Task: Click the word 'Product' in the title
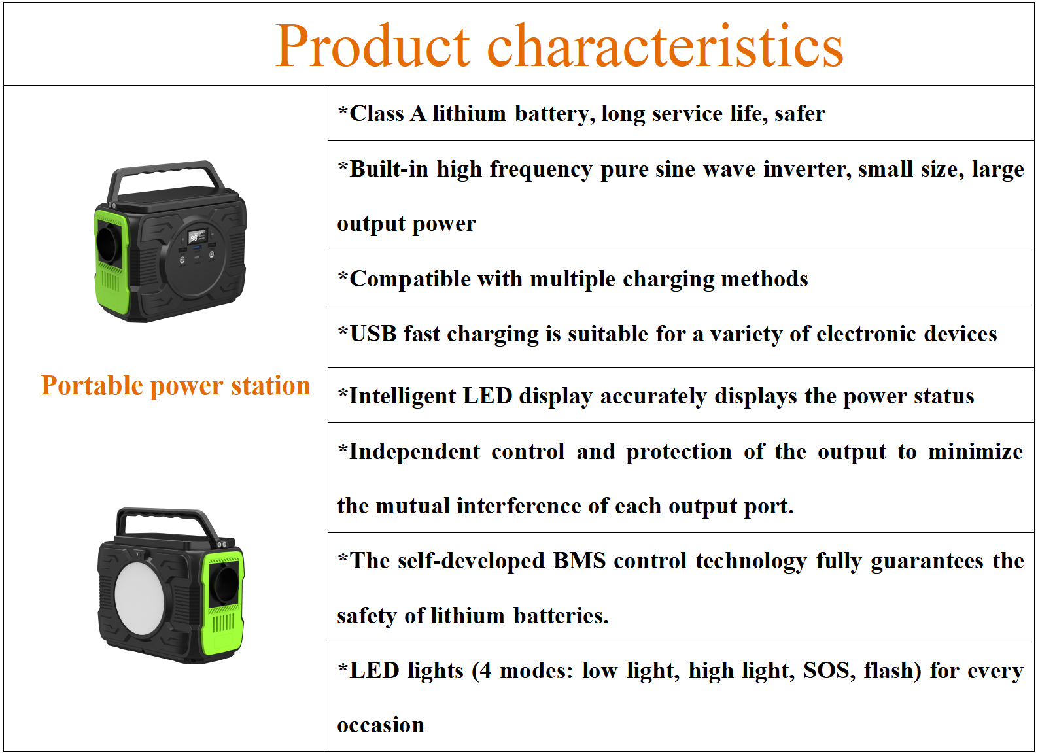click(373, 46)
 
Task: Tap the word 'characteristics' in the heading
click(665, 46)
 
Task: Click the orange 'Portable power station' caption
click(176, 386)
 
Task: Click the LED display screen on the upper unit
click(198, 236)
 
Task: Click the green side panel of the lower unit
click(222, 602)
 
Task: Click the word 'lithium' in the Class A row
click(469, 114)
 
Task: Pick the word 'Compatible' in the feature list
click(409, 279)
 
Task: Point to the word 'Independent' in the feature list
click(414, 453)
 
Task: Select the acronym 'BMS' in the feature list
click(580, 560)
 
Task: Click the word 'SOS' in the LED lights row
click(829, 670)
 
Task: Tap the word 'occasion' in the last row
click(381, 725)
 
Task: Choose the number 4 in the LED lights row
click(485, 671)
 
